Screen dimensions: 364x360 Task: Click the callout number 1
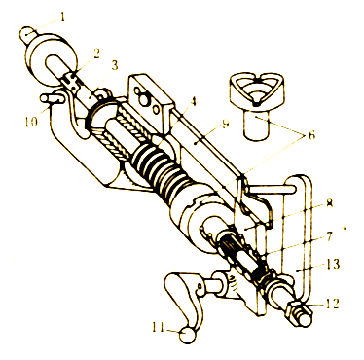coord(62,17)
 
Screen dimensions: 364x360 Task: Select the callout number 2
coord(96,54)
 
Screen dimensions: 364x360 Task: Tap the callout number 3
coord(114,66)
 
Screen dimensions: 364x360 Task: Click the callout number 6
coord(311,135)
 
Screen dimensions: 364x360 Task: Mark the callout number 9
coord(225,124)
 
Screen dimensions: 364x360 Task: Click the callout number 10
coord(30,122)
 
